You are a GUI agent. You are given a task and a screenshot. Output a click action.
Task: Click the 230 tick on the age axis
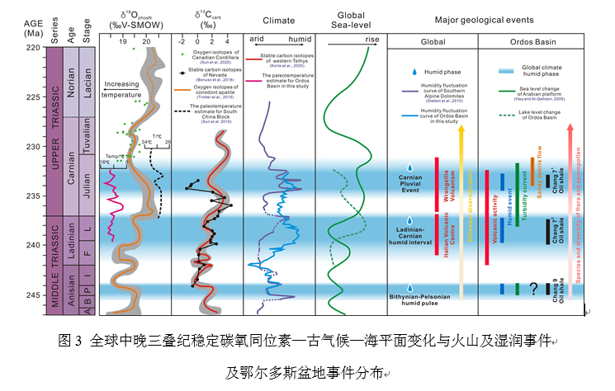[x=35, y=147]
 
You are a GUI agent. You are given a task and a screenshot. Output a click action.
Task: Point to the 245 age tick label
[x=33, y=294]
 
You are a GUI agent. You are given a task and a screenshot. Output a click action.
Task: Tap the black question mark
[x=534, y=289]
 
